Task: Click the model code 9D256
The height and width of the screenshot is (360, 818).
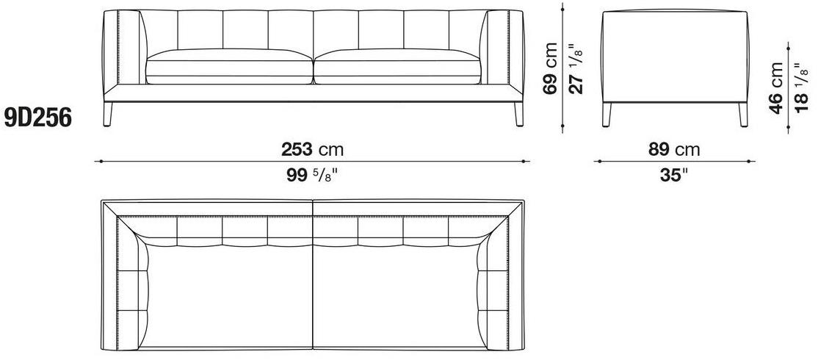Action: (x=37, y=118)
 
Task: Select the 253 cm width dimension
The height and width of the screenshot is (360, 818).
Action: (x=313, y=150)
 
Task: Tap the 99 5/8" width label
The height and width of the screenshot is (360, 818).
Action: (x=313, y=176)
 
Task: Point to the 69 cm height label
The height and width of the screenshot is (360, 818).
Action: (x=550, y=68)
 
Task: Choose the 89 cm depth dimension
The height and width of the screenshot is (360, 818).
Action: (x=674, y=150)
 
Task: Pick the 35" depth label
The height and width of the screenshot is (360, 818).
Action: (x=671, y=176)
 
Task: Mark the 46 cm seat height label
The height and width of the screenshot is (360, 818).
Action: (x=776, y=88)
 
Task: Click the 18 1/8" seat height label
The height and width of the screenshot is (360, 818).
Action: (x=802, y=88)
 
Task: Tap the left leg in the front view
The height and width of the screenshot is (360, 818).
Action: (x=108, y=115)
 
